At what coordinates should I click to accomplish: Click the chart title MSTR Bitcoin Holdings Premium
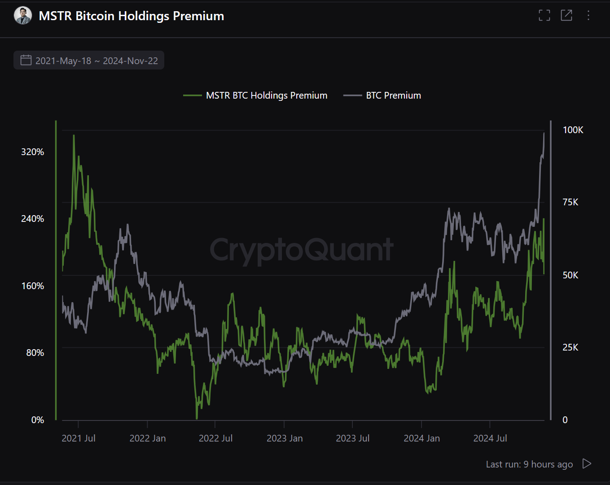click(x=131, y=16)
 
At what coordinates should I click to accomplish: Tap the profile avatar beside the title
click(x=23, y=16)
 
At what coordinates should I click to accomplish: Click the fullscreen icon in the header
click(x=544, y=15)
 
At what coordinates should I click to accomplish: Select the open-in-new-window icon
click(x=566, y=15)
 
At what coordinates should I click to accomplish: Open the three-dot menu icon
click(x=588, y=15)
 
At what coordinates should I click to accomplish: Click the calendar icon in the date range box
click(x=26, y=60)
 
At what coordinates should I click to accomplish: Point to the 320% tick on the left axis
click(x=33, y=152)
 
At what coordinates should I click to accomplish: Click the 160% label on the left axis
click(x=33, y=286)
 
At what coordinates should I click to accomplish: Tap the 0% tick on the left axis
click(x=38, y=420)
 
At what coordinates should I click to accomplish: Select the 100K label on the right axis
click(x=573, y=130)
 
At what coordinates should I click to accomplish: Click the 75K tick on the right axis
click(x=571, y=202)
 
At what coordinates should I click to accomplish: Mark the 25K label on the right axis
click(x=571, y=347)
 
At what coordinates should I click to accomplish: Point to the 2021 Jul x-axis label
click(x=79, y=438)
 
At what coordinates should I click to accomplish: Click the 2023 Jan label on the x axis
click(x=285, y=438)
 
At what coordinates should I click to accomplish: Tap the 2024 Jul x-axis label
click(x=490, y=438)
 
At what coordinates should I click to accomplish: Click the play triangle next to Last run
click(x=587, y=463)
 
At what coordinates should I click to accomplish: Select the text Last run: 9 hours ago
click(x=529, y=464)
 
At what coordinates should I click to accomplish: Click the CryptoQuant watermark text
click(x=302, y=250)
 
